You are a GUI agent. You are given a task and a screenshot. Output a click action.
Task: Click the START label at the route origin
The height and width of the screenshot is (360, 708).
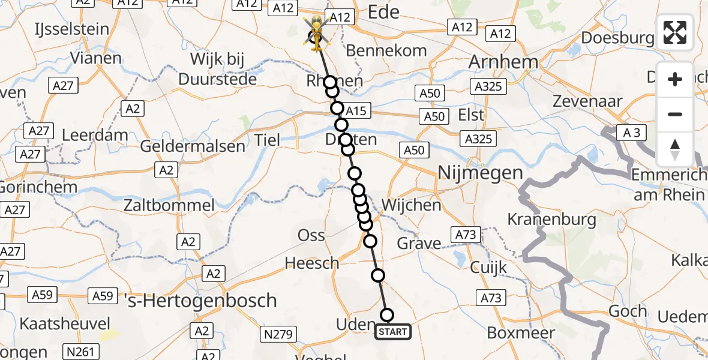tap(393, 332)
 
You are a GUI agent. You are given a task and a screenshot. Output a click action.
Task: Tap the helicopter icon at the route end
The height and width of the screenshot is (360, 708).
tap(316, 36)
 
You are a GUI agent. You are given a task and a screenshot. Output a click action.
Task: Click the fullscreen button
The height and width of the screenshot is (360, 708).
tap(675, 32)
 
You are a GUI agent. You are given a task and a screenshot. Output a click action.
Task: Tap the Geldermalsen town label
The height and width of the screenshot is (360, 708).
tap(193, 146)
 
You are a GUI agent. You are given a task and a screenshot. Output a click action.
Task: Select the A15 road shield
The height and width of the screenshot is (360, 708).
tap(356, 111)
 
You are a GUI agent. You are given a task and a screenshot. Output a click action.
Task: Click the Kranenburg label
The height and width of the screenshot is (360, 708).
tap(552, 220)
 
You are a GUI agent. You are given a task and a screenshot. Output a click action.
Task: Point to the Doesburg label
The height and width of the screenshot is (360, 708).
tap(617, 38)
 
